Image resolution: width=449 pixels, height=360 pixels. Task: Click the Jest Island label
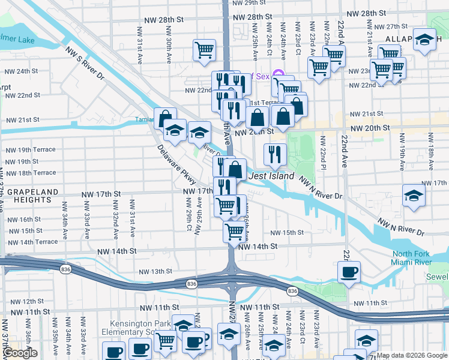pos(273,176)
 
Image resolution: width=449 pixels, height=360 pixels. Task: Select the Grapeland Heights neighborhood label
pos(33,197)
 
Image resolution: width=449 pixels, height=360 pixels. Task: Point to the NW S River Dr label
pos(85,65)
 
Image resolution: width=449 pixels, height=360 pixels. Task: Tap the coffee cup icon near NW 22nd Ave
pos(349,272)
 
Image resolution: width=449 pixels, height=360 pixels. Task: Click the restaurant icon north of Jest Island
pos(275,155)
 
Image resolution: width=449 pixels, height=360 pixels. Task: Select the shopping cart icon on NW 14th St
pos(234,231)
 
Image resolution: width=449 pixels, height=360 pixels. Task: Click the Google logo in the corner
pos(20,353)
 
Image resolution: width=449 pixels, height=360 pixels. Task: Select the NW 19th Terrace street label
pos(30,149)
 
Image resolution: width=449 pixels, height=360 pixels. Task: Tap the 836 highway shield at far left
pos(65,271)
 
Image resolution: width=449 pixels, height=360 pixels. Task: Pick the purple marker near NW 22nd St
pos(277,76)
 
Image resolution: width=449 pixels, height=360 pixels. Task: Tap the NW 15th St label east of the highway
pos(287,233)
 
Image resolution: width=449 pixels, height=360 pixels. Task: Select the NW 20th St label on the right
pos(370,128)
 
